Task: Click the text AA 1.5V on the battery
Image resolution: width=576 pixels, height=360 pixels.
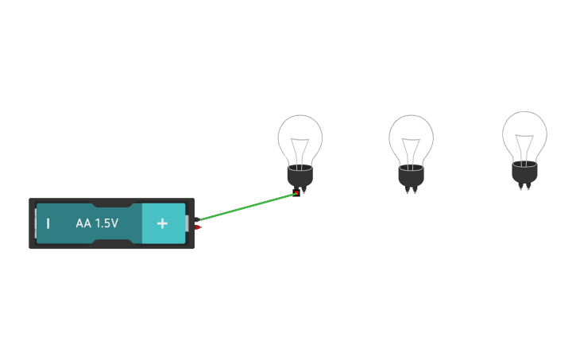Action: pyautogui.click(x=97, y=223)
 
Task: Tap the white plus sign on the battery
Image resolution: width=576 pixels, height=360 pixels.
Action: pyautogui.click(x=162, y=223)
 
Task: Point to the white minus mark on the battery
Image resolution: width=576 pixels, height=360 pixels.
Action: pyautogui.click(x=48, y=223)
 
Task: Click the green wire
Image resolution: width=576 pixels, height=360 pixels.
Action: pyautogui.click(x=246, y=207)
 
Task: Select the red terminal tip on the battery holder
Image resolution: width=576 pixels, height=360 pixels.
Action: pyautogui.click(x=198, y=228)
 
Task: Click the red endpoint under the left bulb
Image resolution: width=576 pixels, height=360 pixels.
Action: pyautogui.click(x=297, y=192)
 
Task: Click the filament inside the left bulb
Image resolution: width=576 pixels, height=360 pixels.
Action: pyautogui.click(x=300, y=150)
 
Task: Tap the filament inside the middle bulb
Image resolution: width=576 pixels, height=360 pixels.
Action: pyautogui.click(x=411, y=150)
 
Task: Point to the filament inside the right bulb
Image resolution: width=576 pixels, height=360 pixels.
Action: pyautogui.click(x=524, y=147)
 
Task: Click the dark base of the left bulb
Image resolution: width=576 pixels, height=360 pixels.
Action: pyautogui.click(x=300, y=176)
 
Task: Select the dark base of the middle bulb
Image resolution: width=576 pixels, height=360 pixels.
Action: pyautogui.click(x=411, y=176)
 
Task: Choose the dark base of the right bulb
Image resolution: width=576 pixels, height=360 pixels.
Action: pyautogui.click(x=524, y=172)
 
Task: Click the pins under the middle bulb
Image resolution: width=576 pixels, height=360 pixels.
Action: pyautogui.click(x=411, y=191)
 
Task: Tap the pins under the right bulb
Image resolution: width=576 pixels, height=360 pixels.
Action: pyautogui.click(x=524, y=187)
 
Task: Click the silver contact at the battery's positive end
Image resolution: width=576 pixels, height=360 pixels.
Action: pyautogui.click(x=188, y=223)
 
